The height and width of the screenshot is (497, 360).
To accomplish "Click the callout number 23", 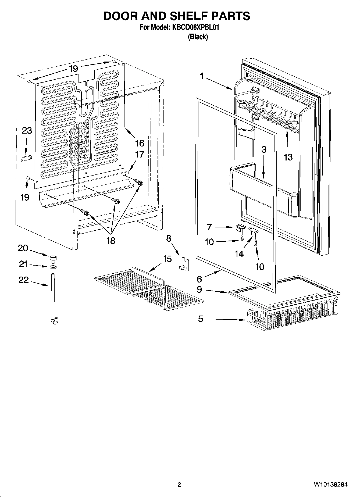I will [27, 131].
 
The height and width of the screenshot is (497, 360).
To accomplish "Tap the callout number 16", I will [140, 143].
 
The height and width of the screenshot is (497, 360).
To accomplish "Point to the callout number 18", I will [111, 240].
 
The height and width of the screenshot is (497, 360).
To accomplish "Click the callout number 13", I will [288, 157].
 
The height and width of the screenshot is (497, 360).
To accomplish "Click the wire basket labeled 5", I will [290, 320].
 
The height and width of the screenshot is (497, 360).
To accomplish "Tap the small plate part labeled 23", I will [26, 158].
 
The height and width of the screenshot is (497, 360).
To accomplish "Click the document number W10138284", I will [330, 485].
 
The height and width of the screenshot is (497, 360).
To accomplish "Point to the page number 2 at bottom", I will [179, 485].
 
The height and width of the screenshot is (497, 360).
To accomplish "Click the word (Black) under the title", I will [198, 37].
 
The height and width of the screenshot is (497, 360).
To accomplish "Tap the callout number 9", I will [199, 289].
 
